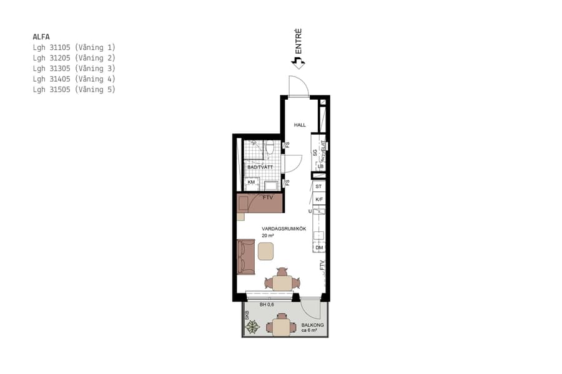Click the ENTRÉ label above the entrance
tap(298, 40)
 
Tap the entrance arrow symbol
tap(298, 62)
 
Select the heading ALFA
tap(41, 37)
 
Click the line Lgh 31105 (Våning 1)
tap(74, 47)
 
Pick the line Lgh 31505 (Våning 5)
tap(74, 90)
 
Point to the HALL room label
tap(300, 125)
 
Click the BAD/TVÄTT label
tap(260, 168)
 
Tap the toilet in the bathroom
tap(270, 148)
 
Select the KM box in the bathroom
tap(252, 183)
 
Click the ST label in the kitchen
tap(318, 186)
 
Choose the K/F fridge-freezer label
tap(319, 199)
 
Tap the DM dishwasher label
tap(319, 247)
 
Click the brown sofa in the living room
tap(246, 257)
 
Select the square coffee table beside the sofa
tap(266, 251)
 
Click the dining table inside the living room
tap(282, 282)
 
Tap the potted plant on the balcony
tap(252, 327)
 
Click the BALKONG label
tap(312, 325)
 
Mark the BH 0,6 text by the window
tap(267, 305)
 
